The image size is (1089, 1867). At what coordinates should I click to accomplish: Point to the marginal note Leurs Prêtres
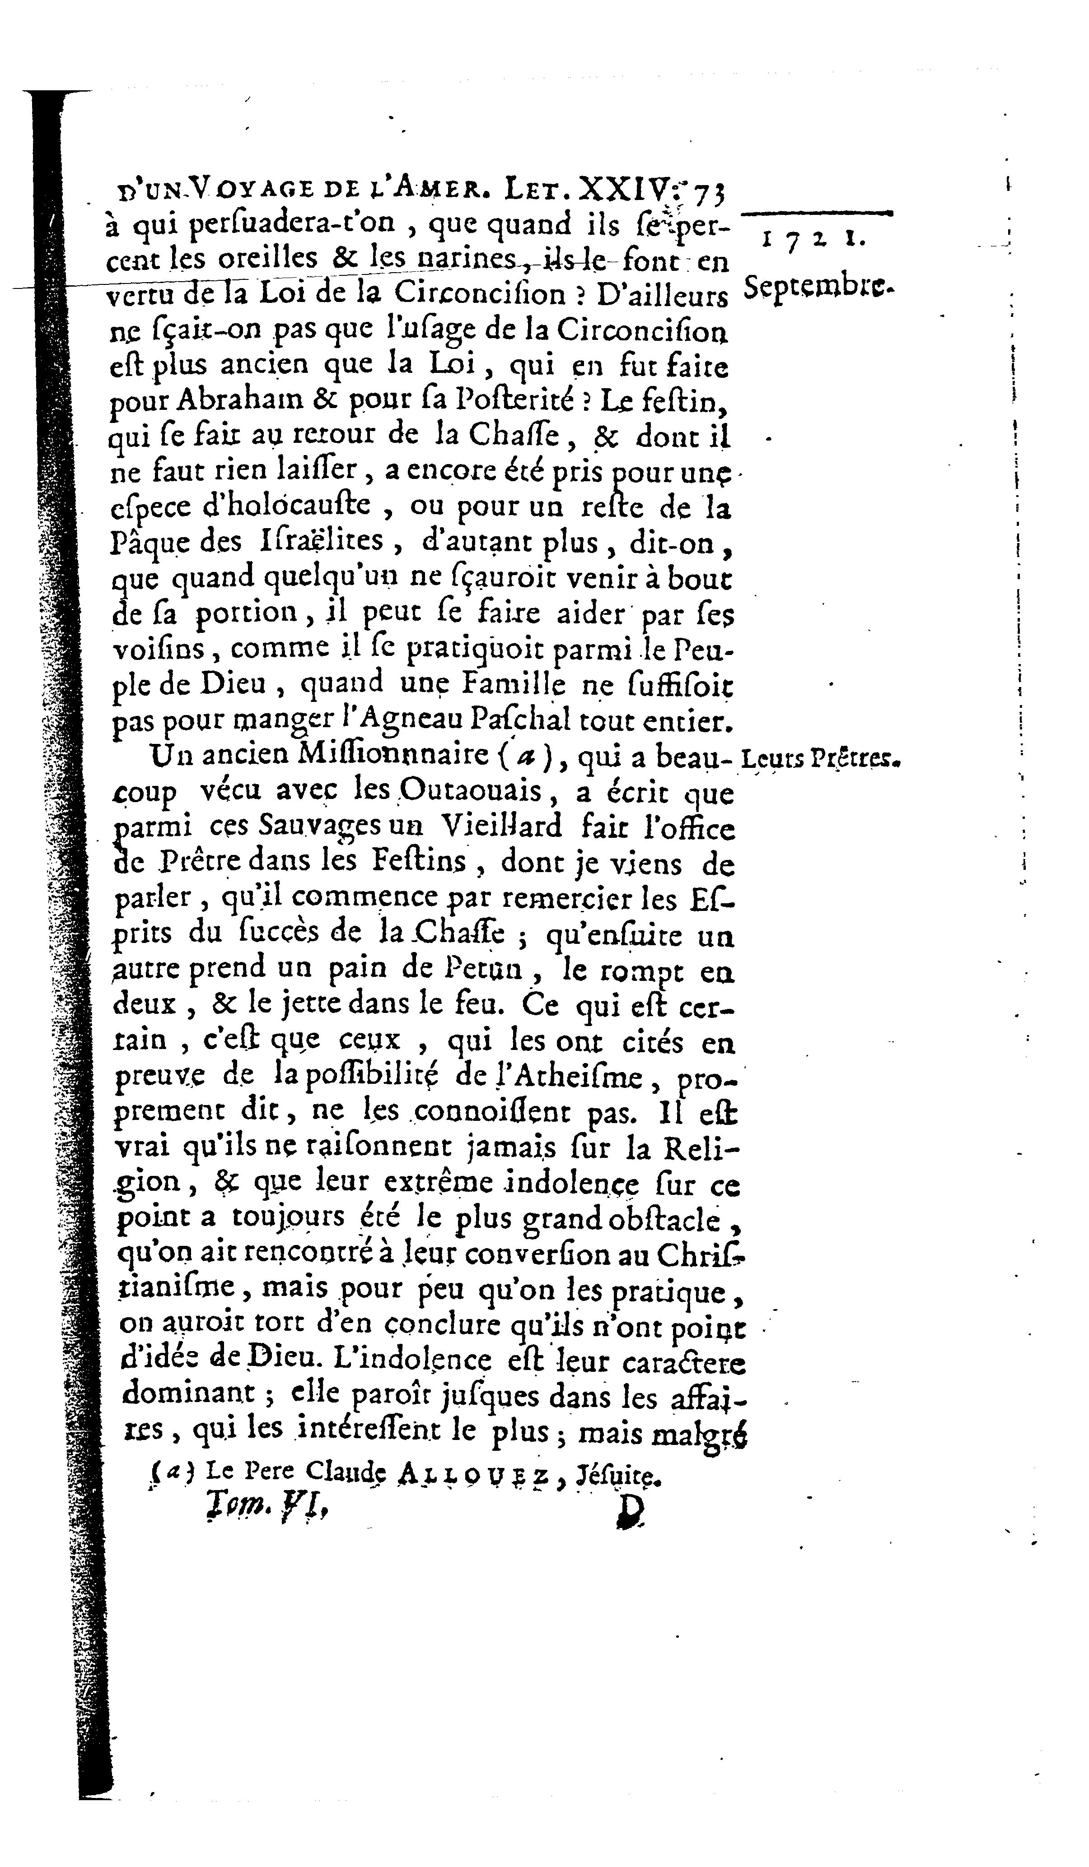coord(818,759)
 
